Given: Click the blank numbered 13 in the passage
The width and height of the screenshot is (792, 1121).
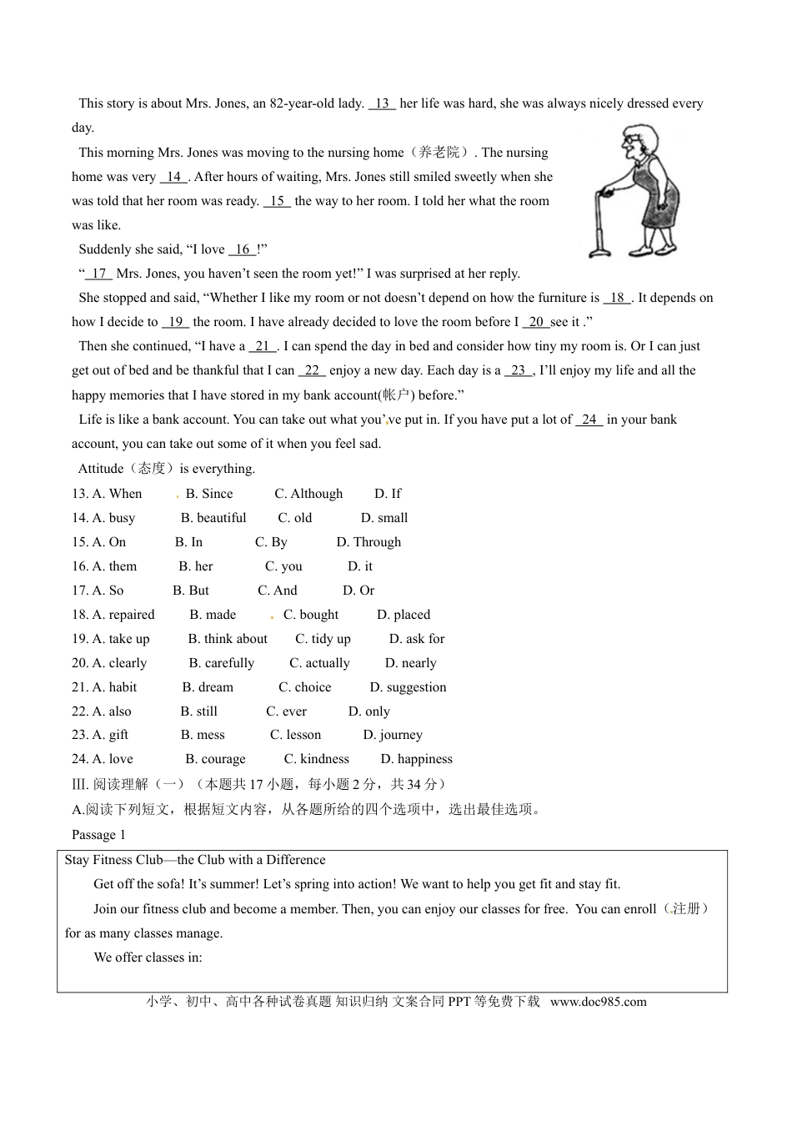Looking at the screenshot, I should pyautogui.click(x=382, y=103).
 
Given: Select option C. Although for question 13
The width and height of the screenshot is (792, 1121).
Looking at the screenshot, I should pyautogui.click(x=308, y=494).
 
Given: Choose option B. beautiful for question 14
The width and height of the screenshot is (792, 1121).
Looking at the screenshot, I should pyautogui.click(x=213, y=518).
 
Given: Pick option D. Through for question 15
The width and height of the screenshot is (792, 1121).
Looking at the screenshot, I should pyautogui.click(x=368, y=542).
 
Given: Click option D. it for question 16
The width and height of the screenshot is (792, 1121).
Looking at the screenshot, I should pyautogui.click(x=360, y=566).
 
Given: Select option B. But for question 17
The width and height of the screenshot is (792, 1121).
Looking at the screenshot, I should pyautogui.click(x=191, y=591).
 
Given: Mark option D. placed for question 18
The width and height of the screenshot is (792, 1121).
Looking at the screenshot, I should pyautogui.click(x=404, y=615).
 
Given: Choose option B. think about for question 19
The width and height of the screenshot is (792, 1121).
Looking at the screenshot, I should pyautogui.click(x=228, y=639).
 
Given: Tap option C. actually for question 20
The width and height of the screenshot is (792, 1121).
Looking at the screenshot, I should pyautogui.click(x=319, y=663).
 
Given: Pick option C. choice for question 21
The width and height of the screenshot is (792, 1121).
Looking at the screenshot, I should pyautogui.click(x=304, y=687).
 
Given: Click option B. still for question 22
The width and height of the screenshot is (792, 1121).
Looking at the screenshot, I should pyautogui.click(x=198, y=711).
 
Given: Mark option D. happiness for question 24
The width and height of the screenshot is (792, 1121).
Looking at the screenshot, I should pyautogui.click(x=416, y=759).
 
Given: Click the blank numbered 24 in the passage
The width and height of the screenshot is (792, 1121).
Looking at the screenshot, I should pyautogui.click(x=589, y=420).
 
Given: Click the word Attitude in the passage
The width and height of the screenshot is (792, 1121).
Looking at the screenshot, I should pyautogui.click(x=101, y=469).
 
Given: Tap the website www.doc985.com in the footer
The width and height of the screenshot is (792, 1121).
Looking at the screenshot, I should pyautogui.click(x=598, y=1002).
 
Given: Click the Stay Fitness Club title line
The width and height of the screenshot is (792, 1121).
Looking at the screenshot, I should pyautogui.click(x=195, y=860).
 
